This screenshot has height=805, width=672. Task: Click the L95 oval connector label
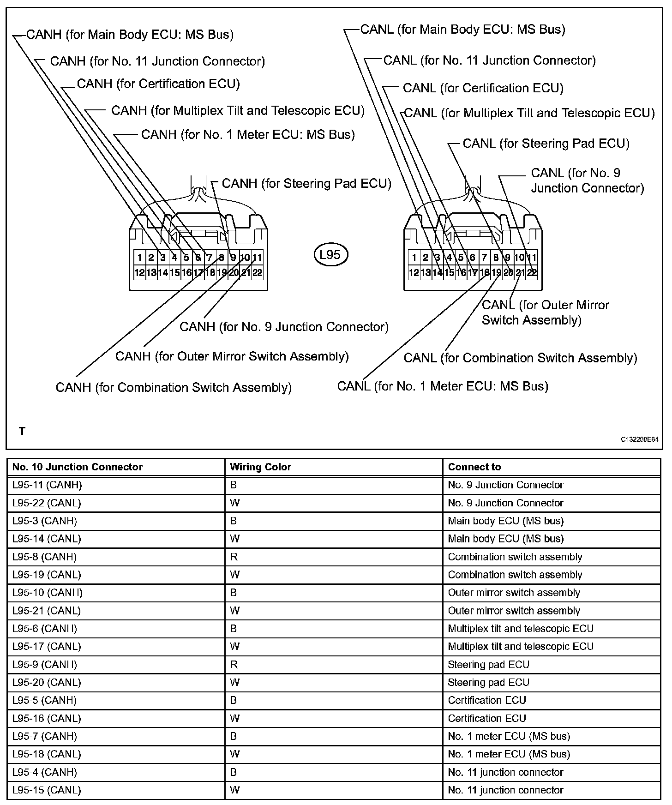pos(330,255)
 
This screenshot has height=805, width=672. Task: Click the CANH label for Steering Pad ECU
pos(306,184)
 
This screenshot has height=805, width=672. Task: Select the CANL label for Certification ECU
pos(483,88)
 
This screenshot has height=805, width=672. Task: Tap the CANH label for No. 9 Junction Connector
pos(284,327)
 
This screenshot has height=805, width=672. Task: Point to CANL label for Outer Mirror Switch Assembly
pos(545,312)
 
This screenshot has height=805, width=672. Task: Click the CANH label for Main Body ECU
pos(130,35)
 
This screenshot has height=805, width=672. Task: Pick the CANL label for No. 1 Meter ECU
pos(443,386)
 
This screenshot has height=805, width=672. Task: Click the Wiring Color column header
pos(261,467)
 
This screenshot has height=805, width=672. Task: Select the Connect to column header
pos(474,467)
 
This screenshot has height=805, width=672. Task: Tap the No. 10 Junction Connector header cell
pos(78,467)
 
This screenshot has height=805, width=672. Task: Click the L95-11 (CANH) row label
pos(47,485)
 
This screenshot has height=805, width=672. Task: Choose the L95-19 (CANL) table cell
pos(47,575)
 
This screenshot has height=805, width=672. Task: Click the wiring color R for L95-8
pos(234,557)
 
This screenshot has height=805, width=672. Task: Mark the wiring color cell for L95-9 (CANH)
pos(234,664)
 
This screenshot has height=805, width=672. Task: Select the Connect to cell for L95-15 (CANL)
pos(505,790)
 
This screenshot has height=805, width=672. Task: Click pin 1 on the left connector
pos(139,258)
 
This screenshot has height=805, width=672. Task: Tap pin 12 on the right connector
pos(414,273)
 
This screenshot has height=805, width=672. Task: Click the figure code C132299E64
pos(639,440)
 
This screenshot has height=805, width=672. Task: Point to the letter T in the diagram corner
pos(22,431)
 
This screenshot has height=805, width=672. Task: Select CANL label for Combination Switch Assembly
pos(520,358)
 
